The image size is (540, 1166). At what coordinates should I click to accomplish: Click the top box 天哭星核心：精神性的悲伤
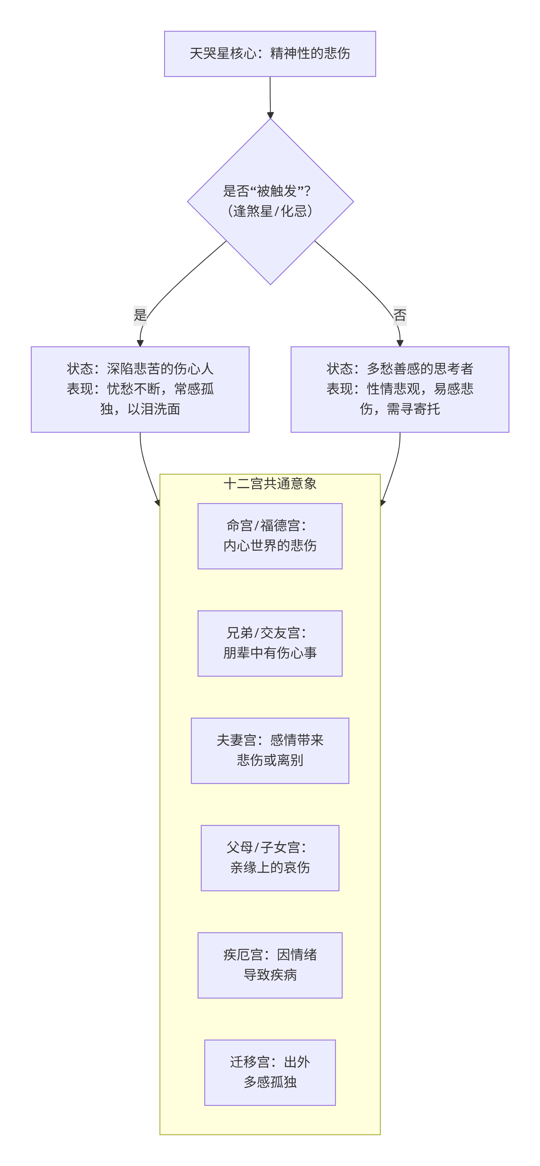[270, 53]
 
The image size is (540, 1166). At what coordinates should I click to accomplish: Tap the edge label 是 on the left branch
[140, 315]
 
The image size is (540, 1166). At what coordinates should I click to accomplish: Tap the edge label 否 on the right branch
[400, 315]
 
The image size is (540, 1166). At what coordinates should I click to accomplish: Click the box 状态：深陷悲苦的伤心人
[140, 389]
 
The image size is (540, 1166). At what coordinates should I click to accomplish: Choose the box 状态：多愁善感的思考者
[400, 389]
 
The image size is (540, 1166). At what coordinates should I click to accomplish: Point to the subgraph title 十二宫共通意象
[270, 483]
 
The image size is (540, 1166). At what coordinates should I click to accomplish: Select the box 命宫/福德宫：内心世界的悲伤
[270, 536]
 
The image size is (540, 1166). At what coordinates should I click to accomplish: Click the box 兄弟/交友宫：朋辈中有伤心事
[270, 643]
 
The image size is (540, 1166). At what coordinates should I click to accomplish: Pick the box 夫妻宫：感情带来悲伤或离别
[270, 751]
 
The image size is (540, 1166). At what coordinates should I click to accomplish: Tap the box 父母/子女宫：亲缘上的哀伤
[270, 858]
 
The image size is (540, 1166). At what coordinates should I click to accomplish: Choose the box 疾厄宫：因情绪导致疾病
[270, 965]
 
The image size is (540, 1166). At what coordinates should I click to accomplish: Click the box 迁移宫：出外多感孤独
[270, 1072]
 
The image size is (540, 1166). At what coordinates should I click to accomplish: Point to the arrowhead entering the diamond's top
[270, 115]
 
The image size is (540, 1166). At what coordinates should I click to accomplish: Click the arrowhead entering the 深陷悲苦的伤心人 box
[140, 343]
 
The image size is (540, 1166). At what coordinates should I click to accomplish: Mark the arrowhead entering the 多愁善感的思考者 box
[400, 343]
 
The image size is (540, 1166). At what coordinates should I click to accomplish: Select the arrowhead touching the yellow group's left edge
[158, 502]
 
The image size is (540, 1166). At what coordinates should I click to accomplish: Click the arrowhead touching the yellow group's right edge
[382, 502]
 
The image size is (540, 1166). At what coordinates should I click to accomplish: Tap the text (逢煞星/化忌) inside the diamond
[270, 211]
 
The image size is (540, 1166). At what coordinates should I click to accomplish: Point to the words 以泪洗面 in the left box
[154, 409]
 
